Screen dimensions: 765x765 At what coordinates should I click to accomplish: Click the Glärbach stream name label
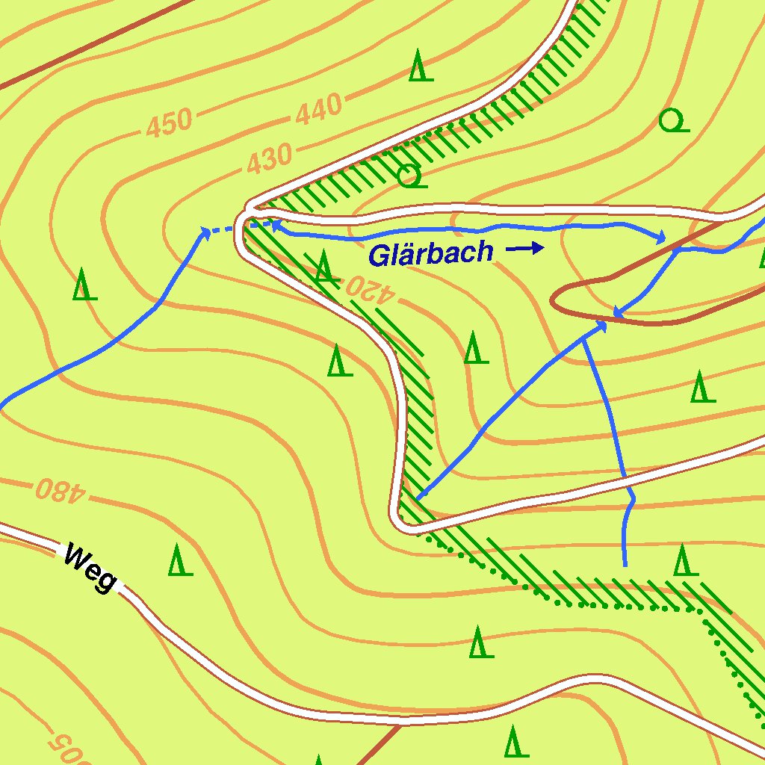431,253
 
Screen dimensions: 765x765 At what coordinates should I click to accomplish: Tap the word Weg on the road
90,567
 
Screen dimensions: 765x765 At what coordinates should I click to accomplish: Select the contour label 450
169,124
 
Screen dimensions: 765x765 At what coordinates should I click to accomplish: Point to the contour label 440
319,111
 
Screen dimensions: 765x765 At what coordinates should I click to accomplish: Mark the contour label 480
61,490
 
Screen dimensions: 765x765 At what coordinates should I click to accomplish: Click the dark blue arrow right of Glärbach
527,249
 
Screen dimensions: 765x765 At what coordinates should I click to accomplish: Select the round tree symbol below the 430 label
410,177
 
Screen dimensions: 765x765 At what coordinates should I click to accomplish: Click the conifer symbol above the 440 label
421,66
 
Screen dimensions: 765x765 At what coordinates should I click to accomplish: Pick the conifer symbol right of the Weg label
179,560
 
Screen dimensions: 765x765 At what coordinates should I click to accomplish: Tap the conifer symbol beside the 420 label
323,266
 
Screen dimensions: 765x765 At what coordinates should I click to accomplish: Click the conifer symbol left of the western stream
84,285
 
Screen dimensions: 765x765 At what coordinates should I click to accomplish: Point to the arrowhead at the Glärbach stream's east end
660,238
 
